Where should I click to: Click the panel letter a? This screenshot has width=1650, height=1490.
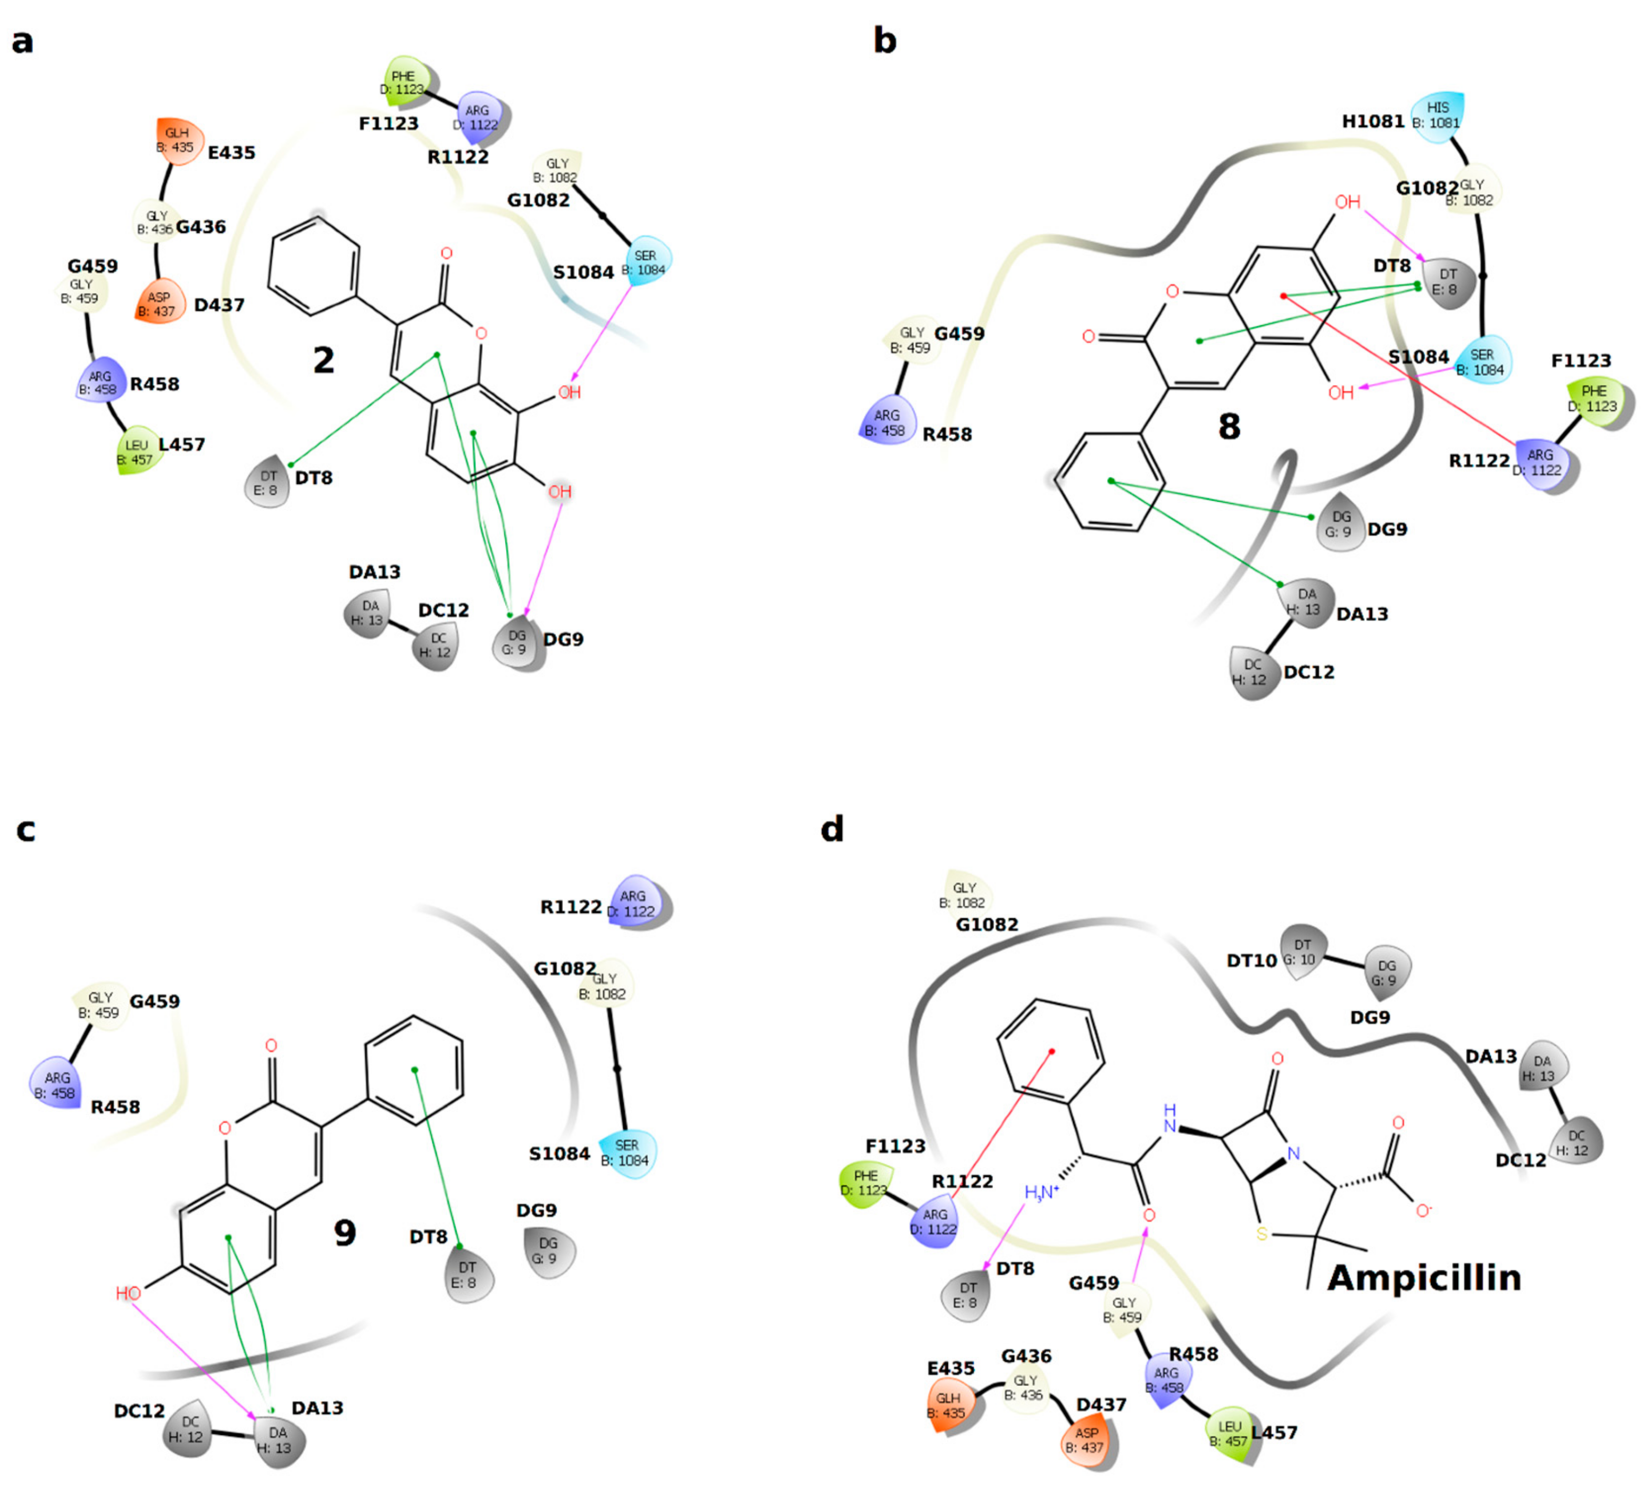coord(23,41)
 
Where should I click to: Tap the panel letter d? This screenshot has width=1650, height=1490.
coord(832,830)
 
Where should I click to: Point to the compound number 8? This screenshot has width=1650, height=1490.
coord(1229,426)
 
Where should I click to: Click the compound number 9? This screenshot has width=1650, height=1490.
coord(345,1232)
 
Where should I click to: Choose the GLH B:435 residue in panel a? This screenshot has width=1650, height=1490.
coord(178,140)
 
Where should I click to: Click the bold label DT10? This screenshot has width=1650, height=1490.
coord(1251,960)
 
